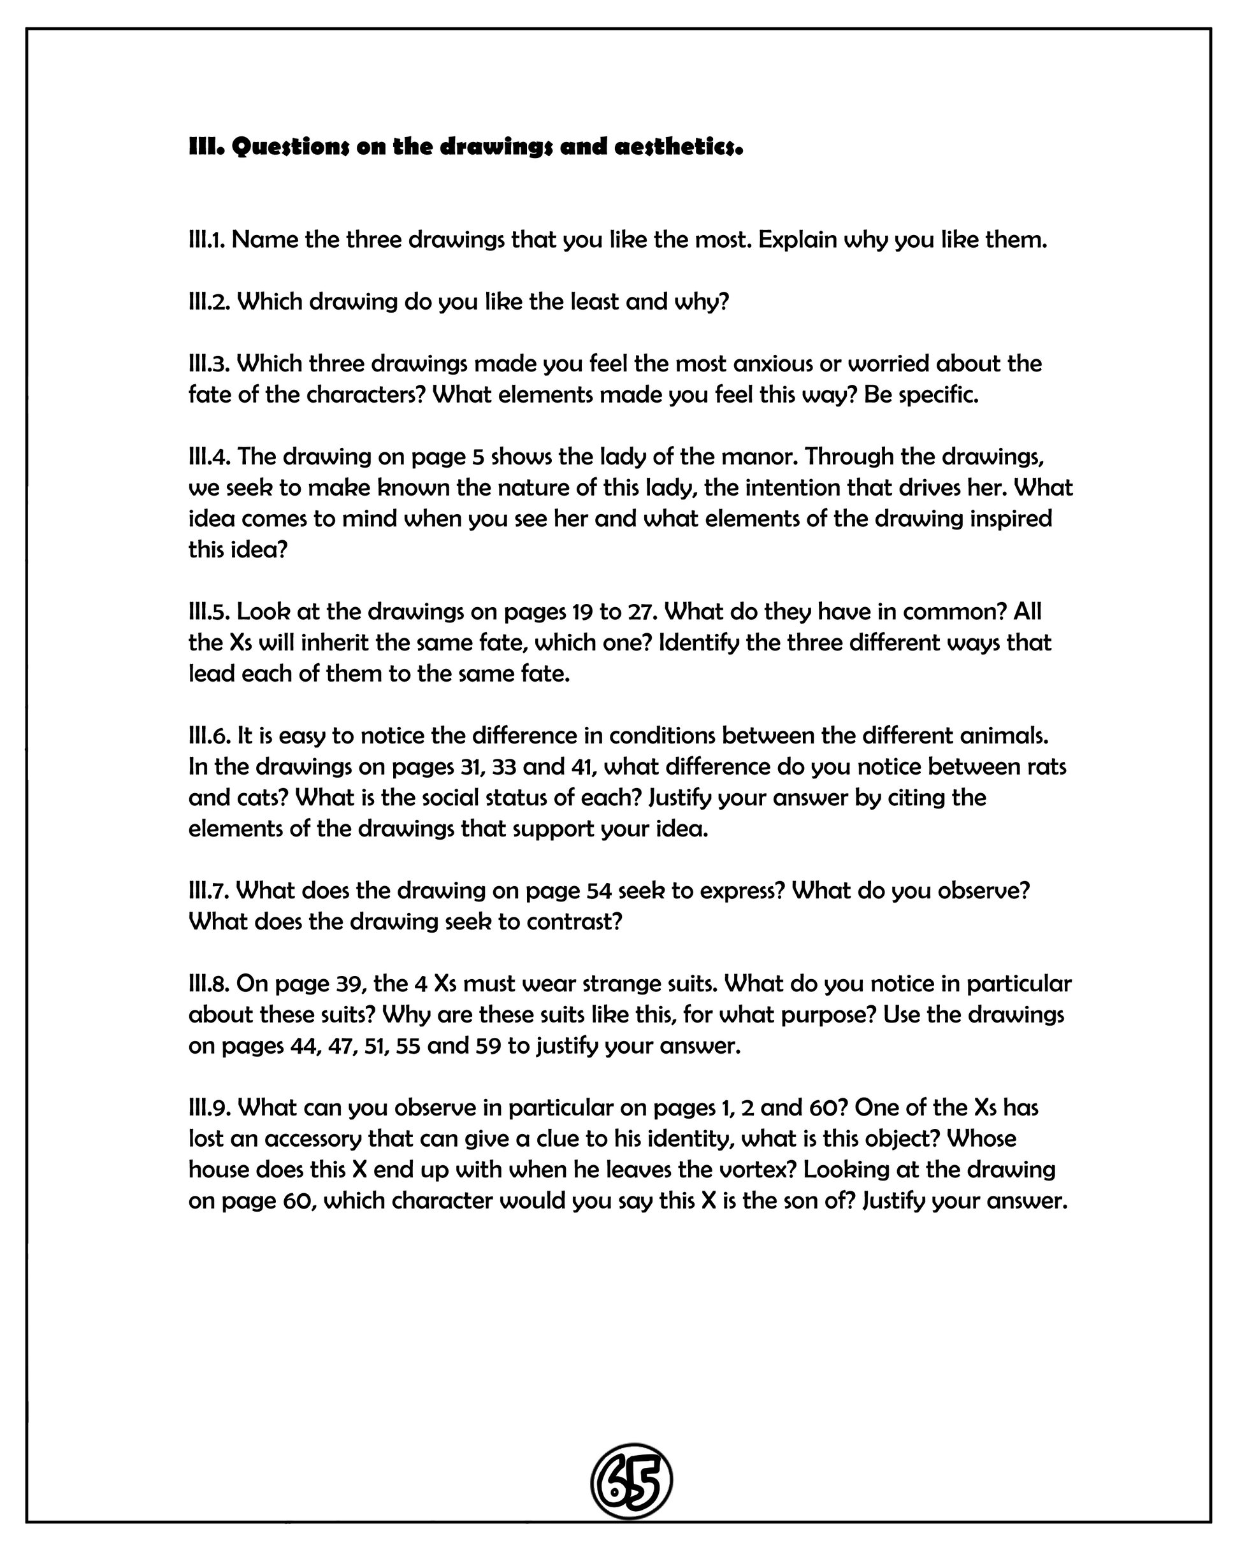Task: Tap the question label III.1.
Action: (207, 240)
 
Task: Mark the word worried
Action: (889, 364)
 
